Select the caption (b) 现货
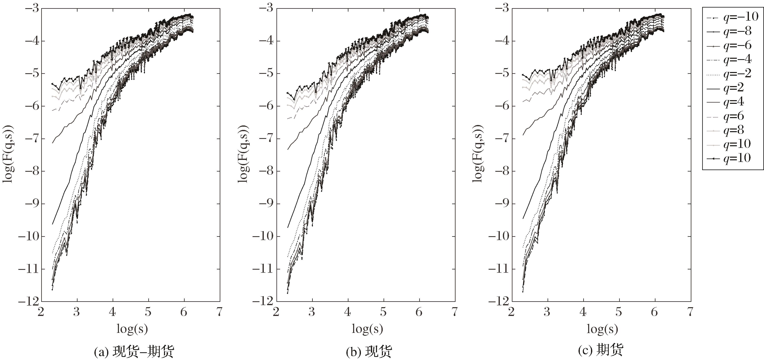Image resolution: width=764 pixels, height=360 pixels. pos(369,352)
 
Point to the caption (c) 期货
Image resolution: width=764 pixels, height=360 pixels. pos(601,350)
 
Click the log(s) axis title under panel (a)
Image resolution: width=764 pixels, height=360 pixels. pos(132,329)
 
